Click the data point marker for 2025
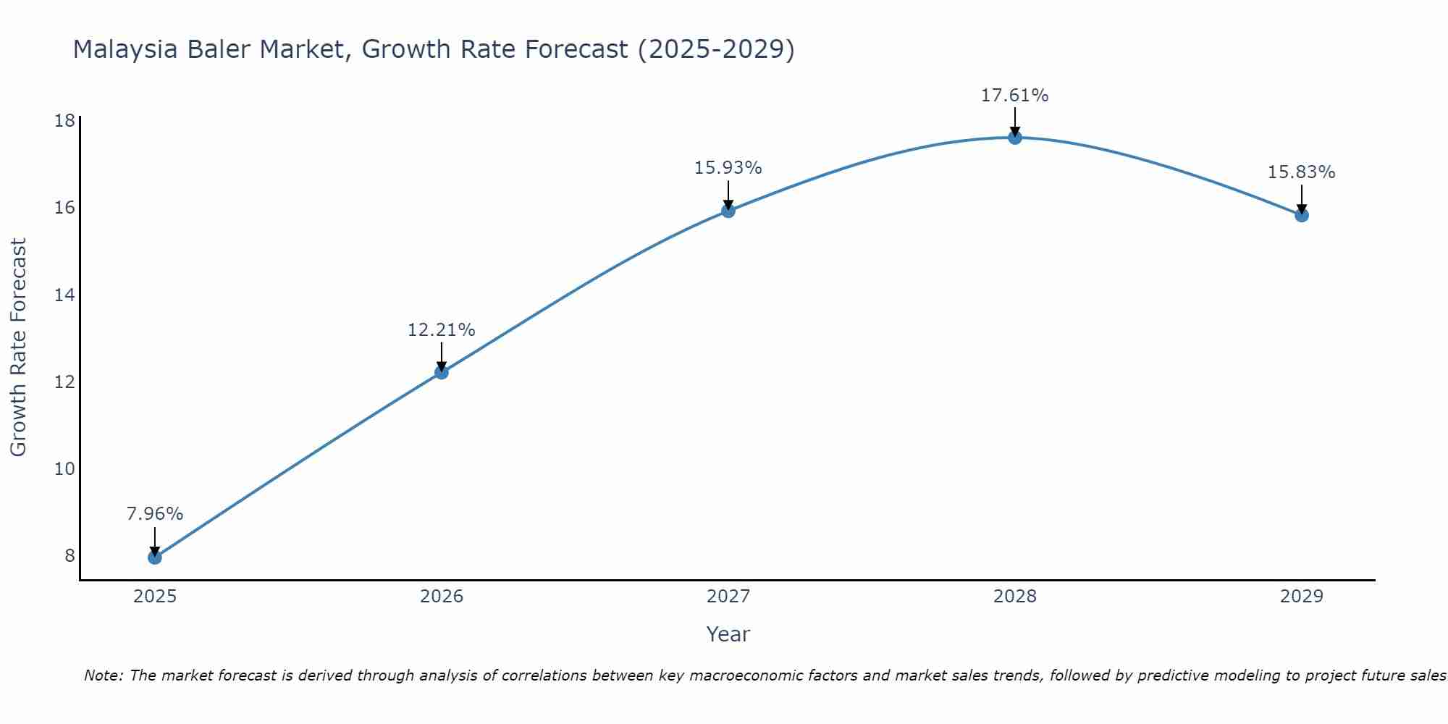pyautogui.click(x=155, y=557)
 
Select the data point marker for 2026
pyautogui.click(x=442, y=372)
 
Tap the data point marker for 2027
pyautogui.click(x=728, y=211)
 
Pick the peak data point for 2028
pyautogui.click(x=1015, y=138)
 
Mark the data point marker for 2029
pyautogui.click(x=1302, y=215)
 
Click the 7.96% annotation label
pyautogui.click(x=155, y=514)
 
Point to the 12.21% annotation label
pyautogui.click(x=442, y=330)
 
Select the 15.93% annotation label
pyautogui.click(x=728, y=168)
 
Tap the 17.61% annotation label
pyautogui.click(x=1015, y=96)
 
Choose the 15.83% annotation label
pyautogui.click(x=1302, y=172)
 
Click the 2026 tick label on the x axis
pyautogui.click(x=442, y=597)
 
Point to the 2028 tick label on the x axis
pyautogui.click(x=1015, y=597)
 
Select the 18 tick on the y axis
pyautogui.click(x=65, y=120)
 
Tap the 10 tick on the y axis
pyautogui.click(x=65, y=469)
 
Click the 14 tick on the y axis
pyautogui.click(x=65, y=295)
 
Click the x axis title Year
pyautogui.click(x=728, y=634)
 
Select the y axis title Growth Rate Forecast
pyautogui.click(x=18, y=348)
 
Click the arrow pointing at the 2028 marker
pyautogui.click(x=1015, y=122)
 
